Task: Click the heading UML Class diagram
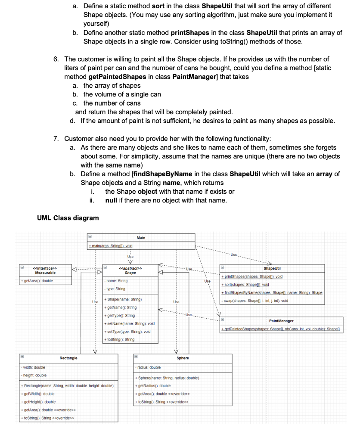(x=68, y=218)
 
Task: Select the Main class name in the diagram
(x=141, y=238)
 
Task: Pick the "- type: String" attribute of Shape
(x=115, y=289)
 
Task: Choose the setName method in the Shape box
(x=130, y=323)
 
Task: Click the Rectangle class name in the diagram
(x=68, y=358)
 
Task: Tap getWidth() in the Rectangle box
(x=38, y=394)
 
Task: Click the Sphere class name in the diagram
(x=183, y=358)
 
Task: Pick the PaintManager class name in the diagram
(x=281, y=321)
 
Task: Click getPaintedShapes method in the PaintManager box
(x=280, y=329)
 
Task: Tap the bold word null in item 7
(x=112, y=200)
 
